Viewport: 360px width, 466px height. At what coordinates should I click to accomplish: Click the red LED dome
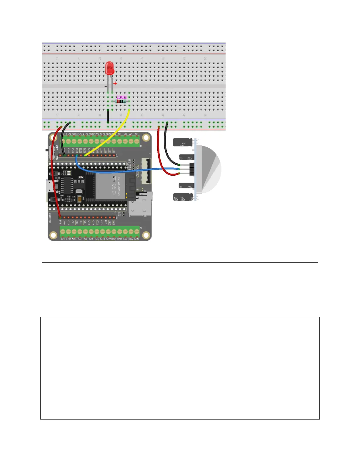pos(110,68)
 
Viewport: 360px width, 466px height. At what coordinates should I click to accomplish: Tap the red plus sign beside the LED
pos(115,84)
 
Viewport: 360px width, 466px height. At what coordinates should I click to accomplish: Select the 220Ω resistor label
pos(121,97)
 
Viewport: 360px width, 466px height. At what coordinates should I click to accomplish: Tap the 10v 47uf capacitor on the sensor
pos(183,143)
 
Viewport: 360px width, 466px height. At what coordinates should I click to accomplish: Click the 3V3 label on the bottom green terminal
pos(63,239)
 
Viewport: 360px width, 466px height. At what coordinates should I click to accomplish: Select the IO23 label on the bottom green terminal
pos(136,239)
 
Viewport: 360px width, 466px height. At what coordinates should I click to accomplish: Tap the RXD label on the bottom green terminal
pos(119,239)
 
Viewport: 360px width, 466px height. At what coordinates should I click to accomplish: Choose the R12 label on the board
pos(119,215)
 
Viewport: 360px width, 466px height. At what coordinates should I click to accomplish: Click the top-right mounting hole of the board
pos(145,138)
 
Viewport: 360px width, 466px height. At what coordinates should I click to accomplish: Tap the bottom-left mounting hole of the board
pos(53,235)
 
